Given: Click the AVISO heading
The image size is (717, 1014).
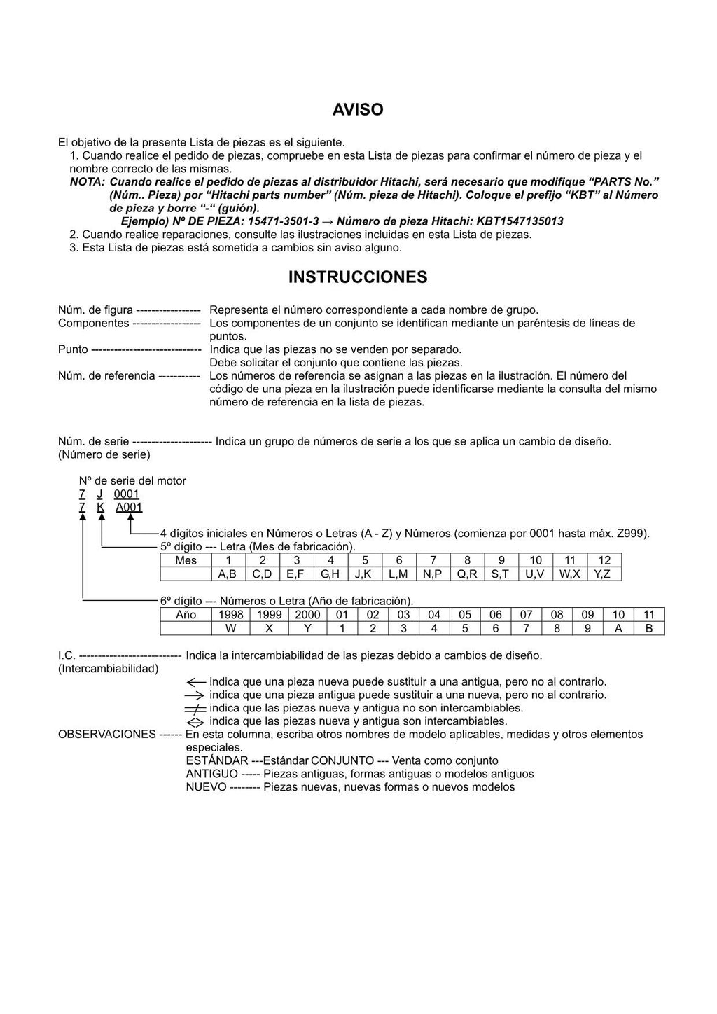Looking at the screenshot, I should point(358,110).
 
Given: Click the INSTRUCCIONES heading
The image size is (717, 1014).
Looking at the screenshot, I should point(358,277).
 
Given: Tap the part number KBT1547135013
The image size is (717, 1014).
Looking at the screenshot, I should point(520,222).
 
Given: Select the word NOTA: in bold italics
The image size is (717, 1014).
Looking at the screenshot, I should point(87,182).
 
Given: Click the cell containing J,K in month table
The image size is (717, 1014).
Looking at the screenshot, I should point(364,574).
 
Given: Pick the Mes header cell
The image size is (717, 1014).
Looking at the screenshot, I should point(186,560).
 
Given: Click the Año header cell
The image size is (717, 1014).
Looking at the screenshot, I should point(186,615).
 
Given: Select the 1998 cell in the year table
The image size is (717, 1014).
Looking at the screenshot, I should point(230,615).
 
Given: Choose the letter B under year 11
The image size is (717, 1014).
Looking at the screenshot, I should point(648,629).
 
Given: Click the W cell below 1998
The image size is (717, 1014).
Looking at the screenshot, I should point(230,629).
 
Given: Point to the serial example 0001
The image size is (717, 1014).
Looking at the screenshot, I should point(127,494).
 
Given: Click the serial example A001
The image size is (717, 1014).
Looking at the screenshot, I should point(129,508).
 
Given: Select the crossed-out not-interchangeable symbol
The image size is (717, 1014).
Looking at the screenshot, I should point(195,709).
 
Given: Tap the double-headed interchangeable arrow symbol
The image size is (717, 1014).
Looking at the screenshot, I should point(195,722).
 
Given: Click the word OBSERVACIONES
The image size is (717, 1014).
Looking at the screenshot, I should point(106,735).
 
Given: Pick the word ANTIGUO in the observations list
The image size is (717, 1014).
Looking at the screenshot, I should point(211,775).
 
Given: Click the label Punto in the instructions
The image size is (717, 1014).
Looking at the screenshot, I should point(73,349).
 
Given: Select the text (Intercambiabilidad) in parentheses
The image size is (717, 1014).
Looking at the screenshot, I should point(108,669).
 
